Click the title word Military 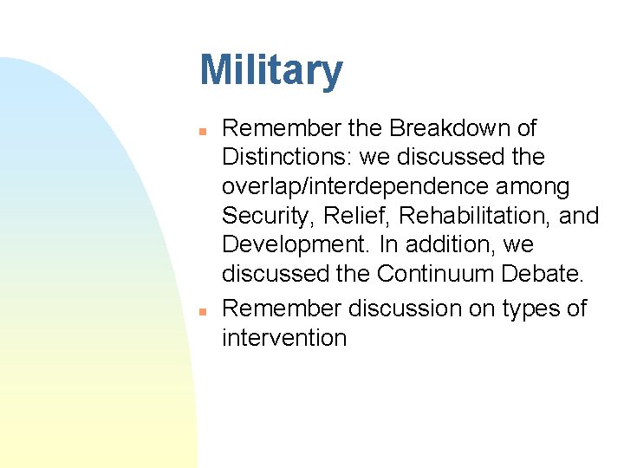[x=271, y=71]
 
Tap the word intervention [x=284, y=338]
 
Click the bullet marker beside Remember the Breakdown [x=200, y=130]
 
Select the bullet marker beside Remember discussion [x=200, y=310]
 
